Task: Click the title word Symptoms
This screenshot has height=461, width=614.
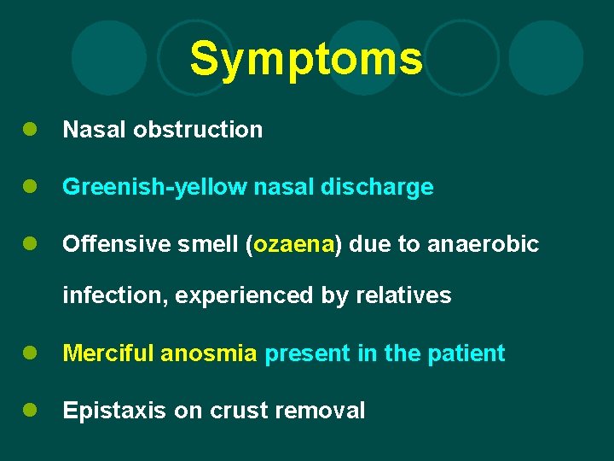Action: pos(306,59)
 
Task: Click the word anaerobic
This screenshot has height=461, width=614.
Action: pos(483,245)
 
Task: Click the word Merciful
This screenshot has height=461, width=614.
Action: pos(108,353)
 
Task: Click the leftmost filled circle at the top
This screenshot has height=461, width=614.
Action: pos(109,58)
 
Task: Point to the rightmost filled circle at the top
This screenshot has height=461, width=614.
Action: pos(546,58)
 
